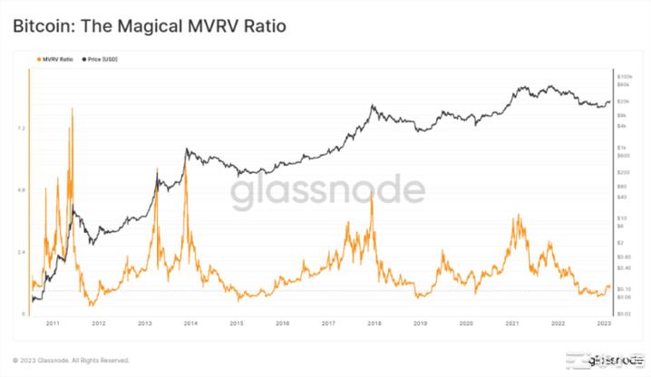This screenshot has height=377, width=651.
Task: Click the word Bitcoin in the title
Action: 43,26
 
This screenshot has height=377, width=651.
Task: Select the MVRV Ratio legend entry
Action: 55,59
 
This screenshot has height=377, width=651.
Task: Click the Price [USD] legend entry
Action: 102,59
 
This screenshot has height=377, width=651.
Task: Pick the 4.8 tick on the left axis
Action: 21,189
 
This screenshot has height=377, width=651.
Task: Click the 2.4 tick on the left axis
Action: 21,251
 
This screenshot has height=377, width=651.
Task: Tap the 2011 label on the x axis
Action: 53,323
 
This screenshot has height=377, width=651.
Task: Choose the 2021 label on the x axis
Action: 511,323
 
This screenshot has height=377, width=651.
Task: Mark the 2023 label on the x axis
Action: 603,323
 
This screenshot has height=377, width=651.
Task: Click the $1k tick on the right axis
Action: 623,147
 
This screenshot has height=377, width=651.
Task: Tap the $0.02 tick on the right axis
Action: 625,313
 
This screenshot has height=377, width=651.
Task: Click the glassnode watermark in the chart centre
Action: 326,191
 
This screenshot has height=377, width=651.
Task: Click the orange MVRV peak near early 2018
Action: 372,195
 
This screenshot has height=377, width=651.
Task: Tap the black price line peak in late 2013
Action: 185,150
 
